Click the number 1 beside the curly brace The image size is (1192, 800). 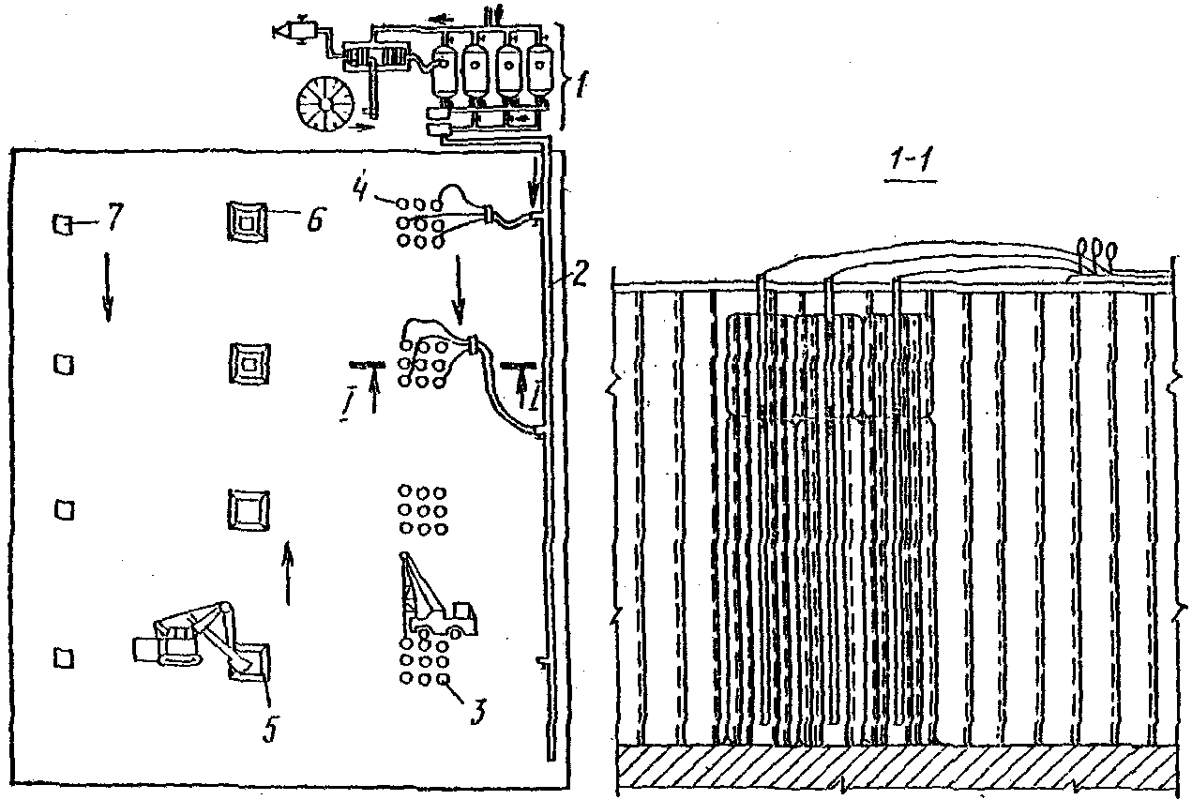(x=581, y=88)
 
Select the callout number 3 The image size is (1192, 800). (x=476, y=715)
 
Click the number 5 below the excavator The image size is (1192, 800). (x=269, y=727)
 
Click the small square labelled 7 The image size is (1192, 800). (x=62, y=224)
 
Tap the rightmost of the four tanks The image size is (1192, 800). (x=539, y=71)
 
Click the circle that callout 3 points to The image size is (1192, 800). (x=445, y=679)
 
